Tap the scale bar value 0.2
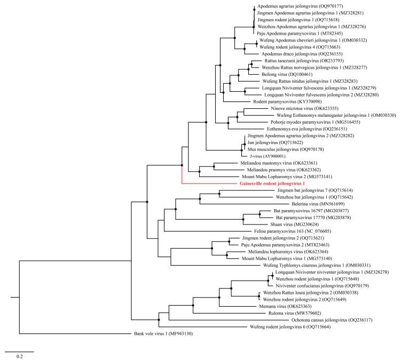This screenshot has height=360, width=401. [x=19, y=355]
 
